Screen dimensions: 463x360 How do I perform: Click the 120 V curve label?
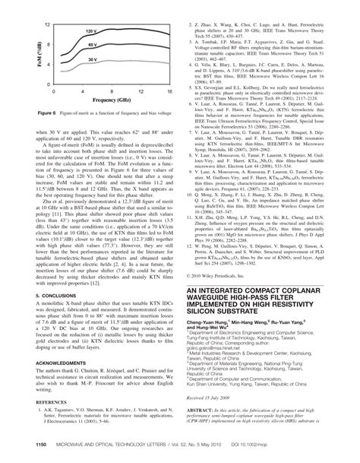[x=91, y=34]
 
